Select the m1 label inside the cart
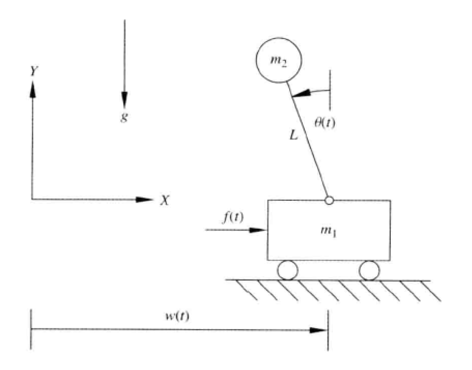click(329, 232)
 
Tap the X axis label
click(164, 201)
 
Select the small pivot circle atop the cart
click(329, 200)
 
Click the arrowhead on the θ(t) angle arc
click(301, 94)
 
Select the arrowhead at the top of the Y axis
click(32, 88)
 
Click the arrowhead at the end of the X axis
click(145, 199)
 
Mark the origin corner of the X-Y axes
click(32, 199)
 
